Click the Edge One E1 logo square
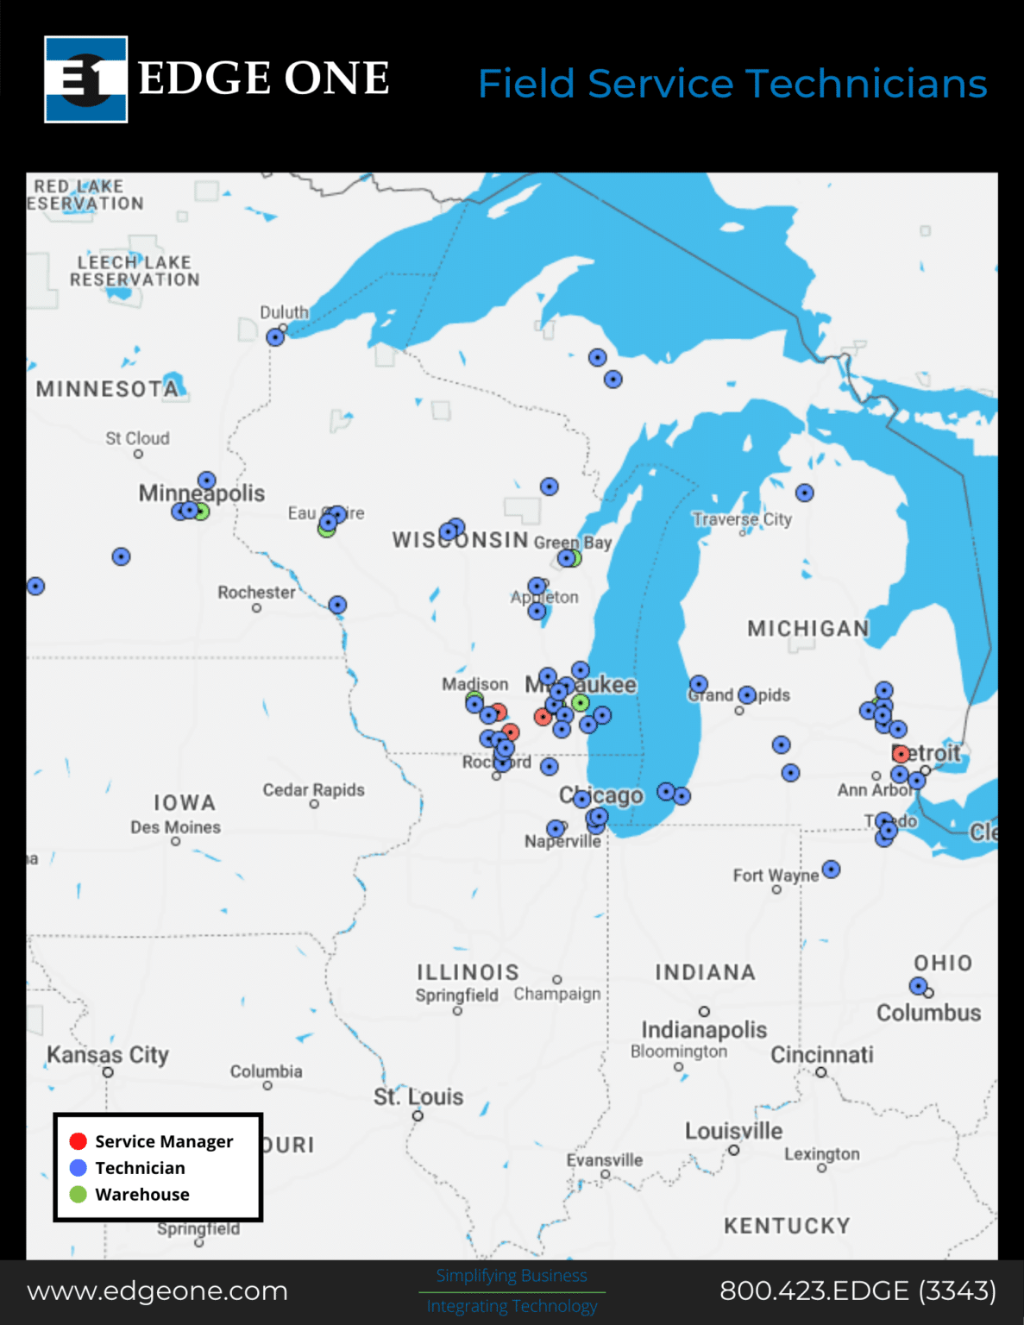pos(86,79)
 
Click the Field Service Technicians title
pos(732,84)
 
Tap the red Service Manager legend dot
pos(79,1141)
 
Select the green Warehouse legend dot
pos(79,1194)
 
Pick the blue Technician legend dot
pos(79,1167)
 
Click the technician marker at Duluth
pos(275,337)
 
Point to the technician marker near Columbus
pos(918,985)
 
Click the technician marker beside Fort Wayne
pos(831,869)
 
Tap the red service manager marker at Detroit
pos(901,754)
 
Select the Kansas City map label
pos(108,1054)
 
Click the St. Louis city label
pos(418,1096)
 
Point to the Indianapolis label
pos(704,1029)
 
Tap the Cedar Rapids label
pos(314,789)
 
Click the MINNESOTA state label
pos(107,389)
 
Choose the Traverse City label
pos(742,519)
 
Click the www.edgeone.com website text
pos(157,1290)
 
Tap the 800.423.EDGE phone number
pos(858,1290)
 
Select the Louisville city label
pos(733,1131)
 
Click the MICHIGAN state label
pos(808,628)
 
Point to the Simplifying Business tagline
pos(512,1275)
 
